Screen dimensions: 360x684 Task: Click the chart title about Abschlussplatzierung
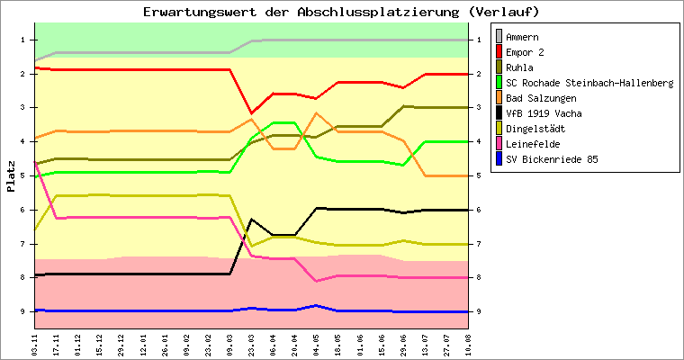341,12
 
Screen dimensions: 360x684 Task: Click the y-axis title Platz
11,176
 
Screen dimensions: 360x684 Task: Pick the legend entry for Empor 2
526,52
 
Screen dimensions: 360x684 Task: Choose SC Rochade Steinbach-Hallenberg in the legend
589,83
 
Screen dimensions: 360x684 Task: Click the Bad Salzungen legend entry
541,98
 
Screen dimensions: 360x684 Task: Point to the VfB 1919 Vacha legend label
544,113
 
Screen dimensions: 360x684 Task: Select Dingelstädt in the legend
536,129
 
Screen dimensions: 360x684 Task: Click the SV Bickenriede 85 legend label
552,159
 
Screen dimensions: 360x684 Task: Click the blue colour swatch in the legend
498,159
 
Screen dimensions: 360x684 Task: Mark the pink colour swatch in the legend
498,144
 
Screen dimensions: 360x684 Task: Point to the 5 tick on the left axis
23,175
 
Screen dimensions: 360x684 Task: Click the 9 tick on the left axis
23,311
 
